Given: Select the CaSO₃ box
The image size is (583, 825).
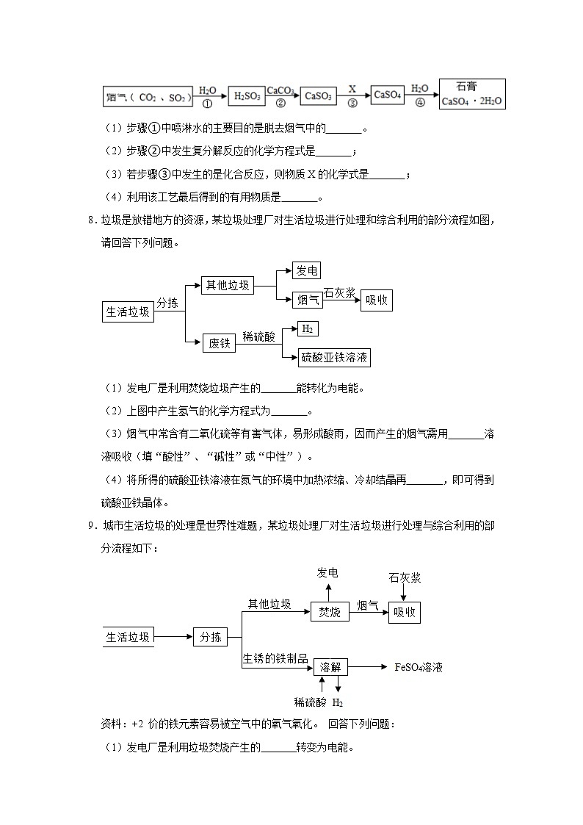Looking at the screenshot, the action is [x=318, y=96].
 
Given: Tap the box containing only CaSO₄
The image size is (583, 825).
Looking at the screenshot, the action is [x=388, y=95].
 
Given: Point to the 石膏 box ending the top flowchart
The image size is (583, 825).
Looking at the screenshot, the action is [x=472, y=94].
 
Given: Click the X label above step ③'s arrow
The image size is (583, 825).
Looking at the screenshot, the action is [x=352, y=88].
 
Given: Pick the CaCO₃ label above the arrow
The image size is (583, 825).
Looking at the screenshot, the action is [x=280, y=90].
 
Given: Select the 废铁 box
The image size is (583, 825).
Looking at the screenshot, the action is [x=220, y=342].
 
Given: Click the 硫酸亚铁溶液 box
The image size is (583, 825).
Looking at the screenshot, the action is [x=334, y=358].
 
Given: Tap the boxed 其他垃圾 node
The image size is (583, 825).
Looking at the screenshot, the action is [x=227, y=286].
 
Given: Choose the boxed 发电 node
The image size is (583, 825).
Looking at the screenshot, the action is [x=306, y=270].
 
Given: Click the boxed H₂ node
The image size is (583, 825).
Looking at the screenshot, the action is [x=306, y=328].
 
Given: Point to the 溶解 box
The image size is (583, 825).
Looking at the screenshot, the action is [x=330, y=667].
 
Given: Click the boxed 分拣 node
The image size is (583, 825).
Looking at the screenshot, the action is [x=211, y=637].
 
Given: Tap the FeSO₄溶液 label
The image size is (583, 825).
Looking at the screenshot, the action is [x=419, y=668].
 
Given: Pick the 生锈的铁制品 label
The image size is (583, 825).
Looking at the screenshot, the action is [x=275, y=659].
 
